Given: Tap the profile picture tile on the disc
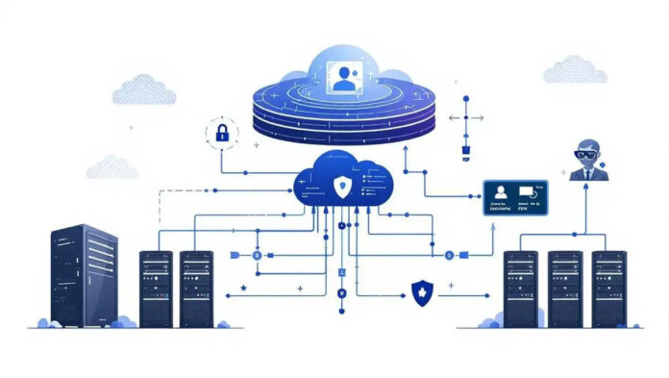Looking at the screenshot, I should point(344,76).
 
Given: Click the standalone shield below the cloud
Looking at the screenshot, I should point(419,293).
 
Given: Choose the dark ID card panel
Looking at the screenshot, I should point(515,197).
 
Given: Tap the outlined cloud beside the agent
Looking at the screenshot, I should point(575,69).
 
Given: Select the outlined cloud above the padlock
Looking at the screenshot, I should point(144,89).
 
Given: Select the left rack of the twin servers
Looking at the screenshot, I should point(156,288).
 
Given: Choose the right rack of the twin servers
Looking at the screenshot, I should point(196,288).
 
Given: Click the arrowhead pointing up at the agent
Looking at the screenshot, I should point(586,188).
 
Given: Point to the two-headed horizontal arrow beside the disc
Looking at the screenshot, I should point(465,118).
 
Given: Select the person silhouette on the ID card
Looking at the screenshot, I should point(500,191).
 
